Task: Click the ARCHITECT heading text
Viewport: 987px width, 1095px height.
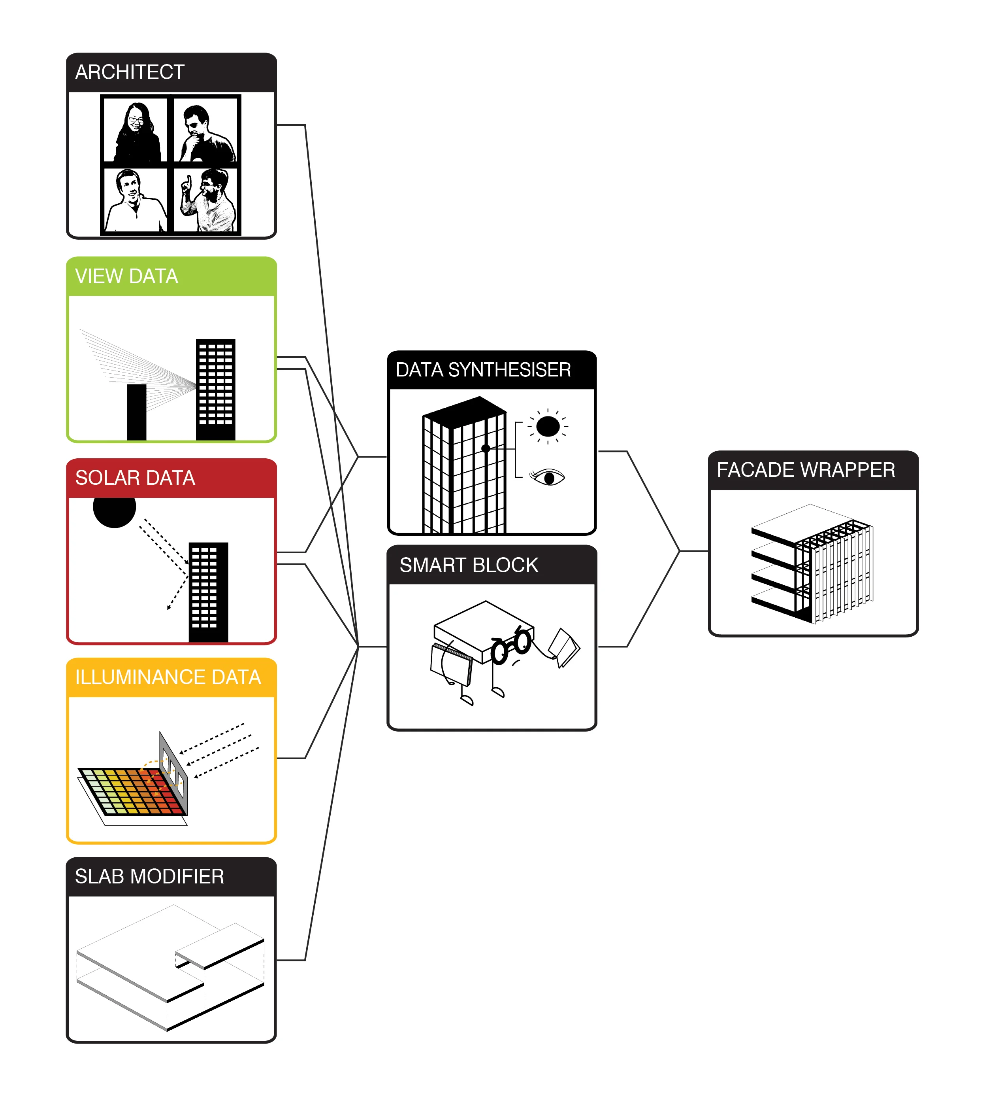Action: tap(130, 72)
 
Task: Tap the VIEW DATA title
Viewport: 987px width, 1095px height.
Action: tap(126, 276)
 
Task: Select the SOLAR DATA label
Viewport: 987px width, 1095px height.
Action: tap(135, 477)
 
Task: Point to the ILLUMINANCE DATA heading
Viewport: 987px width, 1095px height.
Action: tap(168, 677)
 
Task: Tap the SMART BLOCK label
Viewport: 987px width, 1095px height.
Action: tap(469, 565)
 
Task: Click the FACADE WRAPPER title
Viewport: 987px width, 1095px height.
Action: tap(806, 470)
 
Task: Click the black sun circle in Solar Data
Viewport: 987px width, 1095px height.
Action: tap(115, 508)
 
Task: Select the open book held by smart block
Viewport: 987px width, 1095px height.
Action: tap(564, 647)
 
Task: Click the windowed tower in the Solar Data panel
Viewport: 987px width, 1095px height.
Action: tap(208, 592)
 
